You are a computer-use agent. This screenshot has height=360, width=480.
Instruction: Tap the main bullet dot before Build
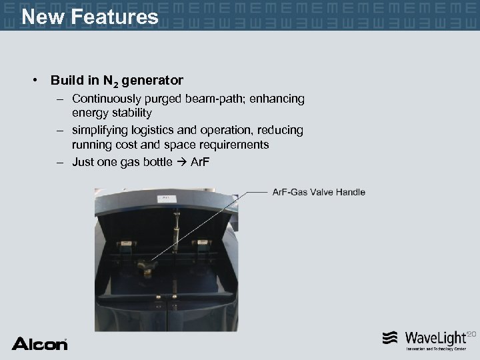pyautogui.click(x=33, y=81)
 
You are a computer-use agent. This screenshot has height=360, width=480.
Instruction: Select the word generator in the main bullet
pyautogui.click(x=153, y=81)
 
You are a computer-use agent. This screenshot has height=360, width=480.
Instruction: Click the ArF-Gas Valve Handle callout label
pyautogui.click(x=319, y=192)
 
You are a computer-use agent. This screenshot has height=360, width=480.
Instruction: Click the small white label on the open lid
pyautogui.click(x=162, y=198)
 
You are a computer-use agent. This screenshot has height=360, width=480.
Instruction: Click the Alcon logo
pyautogui.click(x=39, y=343)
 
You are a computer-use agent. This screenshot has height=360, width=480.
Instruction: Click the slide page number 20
pyautogui.click(x=473, y=333)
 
